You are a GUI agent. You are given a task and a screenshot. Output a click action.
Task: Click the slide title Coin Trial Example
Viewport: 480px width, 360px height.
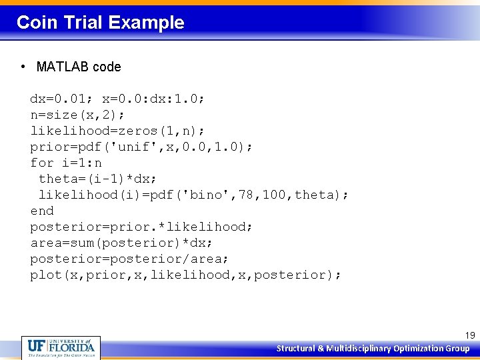pos(100,23)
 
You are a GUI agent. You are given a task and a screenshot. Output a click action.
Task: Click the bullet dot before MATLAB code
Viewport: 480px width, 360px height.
pos(23,67)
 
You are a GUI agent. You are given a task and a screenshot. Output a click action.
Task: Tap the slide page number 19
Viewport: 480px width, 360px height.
pos(469,336)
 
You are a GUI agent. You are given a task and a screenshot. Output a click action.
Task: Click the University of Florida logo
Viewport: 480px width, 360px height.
pos(61,347)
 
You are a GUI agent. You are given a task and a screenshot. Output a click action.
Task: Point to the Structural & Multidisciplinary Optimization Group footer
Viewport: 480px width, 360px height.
pos(373,349)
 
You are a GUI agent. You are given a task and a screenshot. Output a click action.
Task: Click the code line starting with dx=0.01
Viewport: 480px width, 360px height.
pos(117,99)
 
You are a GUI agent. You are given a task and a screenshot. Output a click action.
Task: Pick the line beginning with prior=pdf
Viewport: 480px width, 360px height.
pos(141,147)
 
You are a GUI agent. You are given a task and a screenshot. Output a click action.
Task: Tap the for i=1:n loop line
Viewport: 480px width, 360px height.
pos(66,163)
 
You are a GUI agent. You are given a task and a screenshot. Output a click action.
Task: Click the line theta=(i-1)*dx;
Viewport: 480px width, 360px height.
pos(100,179)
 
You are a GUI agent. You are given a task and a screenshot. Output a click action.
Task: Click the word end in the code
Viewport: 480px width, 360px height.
pos(42,211)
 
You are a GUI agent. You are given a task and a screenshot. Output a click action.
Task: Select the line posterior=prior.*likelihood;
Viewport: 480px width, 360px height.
pos(141,227)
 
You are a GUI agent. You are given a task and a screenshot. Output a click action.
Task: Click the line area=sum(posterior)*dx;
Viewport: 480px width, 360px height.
pos(121,243)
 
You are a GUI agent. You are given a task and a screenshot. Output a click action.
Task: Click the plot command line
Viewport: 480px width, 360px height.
pos(185,275)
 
